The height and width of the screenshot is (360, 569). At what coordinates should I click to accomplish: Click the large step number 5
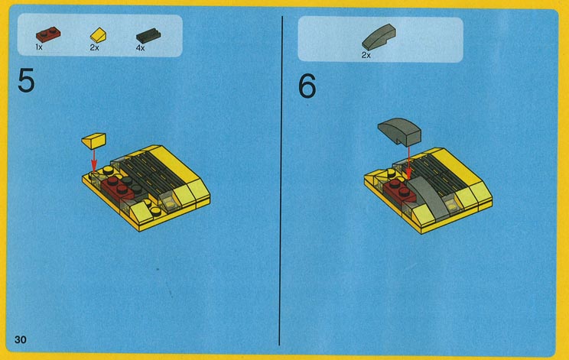click(x=26, y=81)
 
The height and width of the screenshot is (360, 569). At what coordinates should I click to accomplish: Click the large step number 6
click(x=307, y=86)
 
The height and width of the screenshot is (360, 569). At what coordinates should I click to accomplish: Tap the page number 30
click(x=21, y=339)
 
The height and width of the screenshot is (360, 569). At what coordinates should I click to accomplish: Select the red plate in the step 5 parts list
click(x=48, y=34)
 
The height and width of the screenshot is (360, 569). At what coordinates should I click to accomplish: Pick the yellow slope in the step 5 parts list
click(x=99, y=35)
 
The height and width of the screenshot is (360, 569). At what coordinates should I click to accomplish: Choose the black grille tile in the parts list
click(x=148, y=36)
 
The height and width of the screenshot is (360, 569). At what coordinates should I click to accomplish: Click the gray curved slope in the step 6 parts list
click(x=379, y=37)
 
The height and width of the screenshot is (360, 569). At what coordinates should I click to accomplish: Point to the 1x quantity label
click(x=39, y=47)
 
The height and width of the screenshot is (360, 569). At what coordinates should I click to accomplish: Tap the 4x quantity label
click(x=140, y=48)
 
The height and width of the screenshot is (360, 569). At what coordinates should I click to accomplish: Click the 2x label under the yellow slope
click(x=94, y=47)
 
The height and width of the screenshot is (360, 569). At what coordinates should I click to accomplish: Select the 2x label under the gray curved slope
click(x=366, y=55)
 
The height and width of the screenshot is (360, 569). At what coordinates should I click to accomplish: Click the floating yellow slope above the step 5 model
click(x=93, y=141)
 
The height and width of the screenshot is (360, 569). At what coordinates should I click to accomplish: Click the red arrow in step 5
click(x=93, y=161)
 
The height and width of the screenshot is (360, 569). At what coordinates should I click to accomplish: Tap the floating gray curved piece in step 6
click(x=399, y=131)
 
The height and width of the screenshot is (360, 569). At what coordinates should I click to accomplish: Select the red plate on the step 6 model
click(x=398, y=191)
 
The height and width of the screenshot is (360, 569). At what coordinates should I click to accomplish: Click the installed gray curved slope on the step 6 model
click(x=428, y=198)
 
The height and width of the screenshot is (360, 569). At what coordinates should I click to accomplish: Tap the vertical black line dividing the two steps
click(x=281, y=180)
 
